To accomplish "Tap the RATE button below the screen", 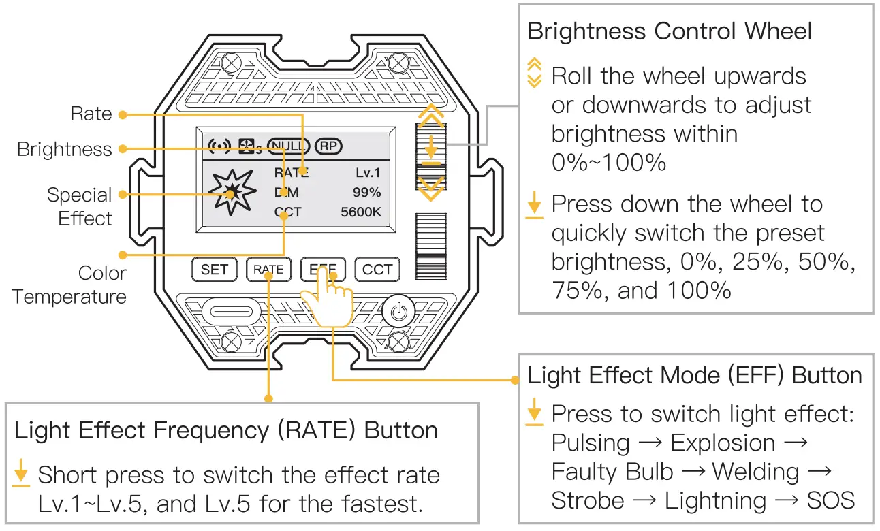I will pos(268,270).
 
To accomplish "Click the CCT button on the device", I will pos(377,270).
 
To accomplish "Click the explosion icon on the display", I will pos(231,193).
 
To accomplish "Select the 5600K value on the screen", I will pos(361,212).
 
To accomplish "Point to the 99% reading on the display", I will pos(366,193).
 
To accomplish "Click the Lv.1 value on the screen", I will pos(368,173).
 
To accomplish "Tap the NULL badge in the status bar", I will pos(289,146).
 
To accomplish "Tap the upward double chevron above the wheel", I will pos(430,116).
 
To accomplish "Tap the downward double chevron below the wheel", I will pos(430,189).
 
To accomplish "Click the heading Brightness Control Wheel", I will pos(670,31).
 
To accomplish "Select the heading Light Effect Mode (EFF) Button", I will pos(695,375).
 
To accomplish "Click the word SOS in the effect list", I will pos(830,500).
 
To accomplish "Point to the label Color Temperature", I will pos(69,285).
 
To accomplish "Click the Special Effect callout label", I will pos(79,206).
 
